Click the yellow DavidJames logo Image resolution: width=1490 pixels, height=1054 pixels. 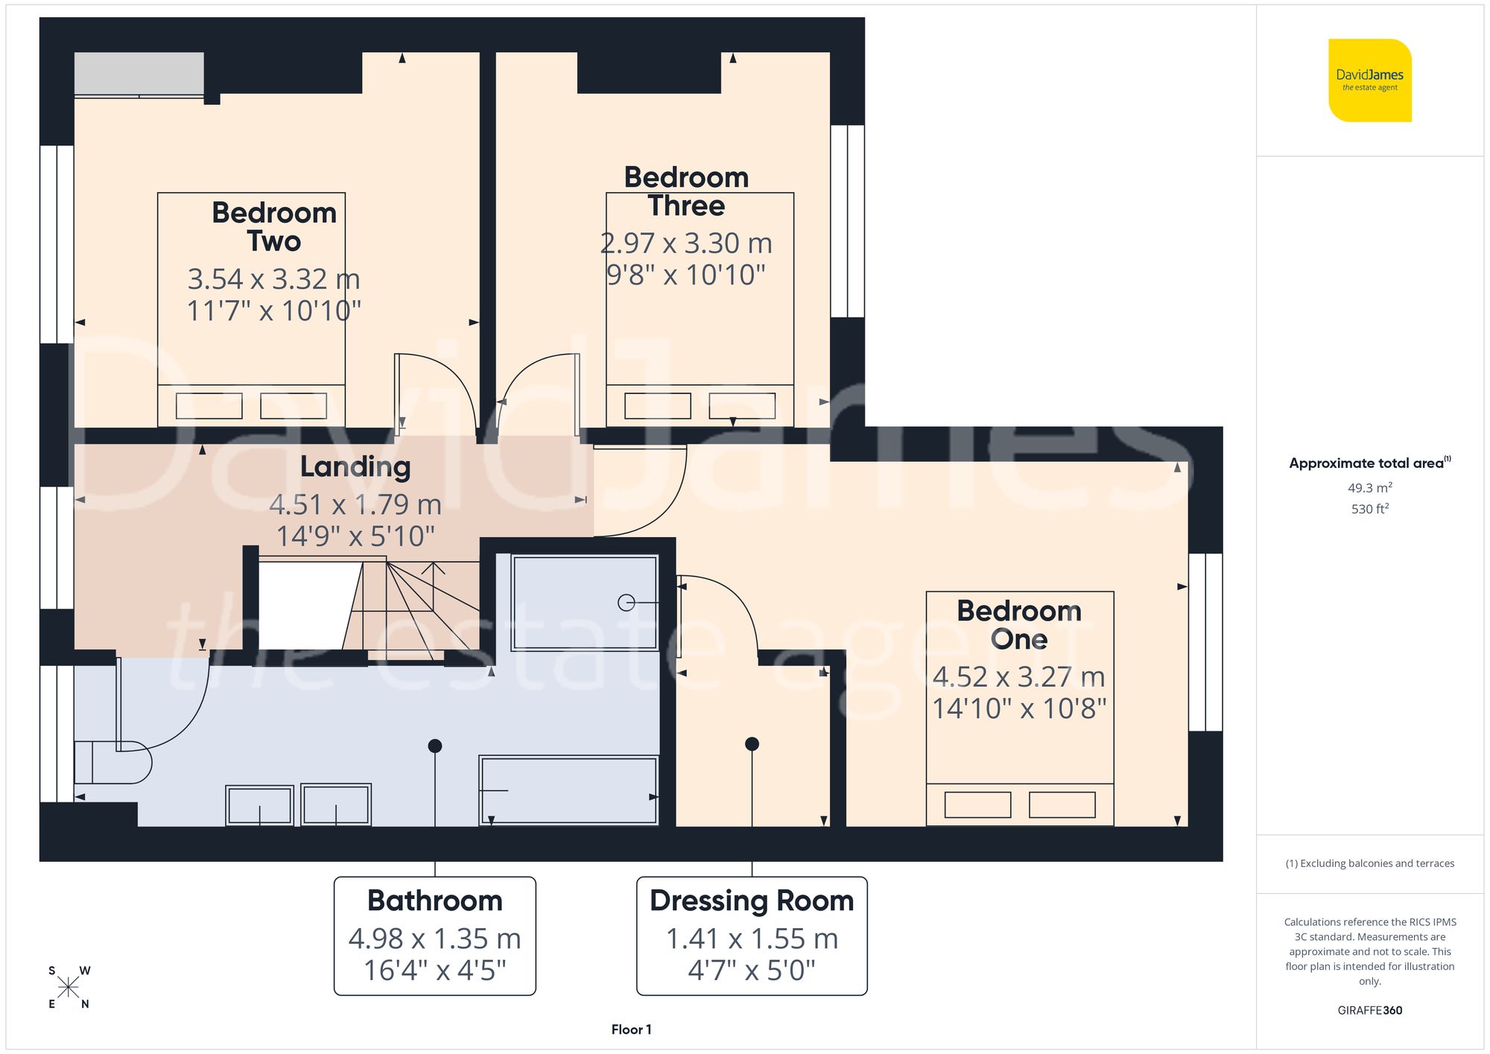1369,80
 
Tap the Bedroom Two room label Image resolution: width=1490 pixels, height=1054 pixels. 274,226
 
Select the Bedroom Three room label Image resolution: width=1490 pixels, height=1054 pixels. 686,191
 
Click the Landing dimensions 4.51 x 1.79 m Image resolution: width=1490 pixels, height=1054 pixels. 355,504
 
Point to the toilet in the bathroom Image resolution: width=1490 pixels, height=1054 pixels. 112,762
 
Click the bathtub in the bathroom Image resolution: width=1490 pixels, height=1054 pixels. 568,790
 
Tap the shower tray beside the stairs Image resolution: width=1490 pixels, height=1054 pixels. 585,602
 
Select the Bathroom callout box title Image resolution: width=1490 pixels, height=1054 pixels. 435,901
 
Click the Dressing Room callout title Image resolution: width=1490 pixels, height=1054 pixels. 752,901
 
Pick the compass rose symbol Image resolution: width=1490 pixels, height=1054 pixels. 69,988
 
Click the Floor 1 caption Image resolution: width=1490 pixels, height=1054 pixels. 631,1029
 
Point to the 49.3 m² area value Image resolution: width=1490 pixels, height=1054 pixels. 1369,488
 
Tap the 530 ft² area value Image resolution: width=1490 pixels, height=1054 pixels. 1369,509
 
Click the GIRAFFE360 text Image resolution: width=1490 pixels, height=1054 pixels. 1369,1010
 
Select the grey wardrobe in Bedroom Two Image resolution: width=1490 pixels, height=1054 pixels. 139,73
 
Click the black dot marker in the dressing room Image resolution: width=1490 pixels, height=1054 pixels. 752,743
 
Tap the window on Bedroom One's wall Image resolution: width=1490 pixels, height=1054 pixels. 1205,641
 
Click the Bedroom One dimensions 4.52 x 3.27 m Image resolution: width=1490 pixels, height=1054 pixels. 1018,676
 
